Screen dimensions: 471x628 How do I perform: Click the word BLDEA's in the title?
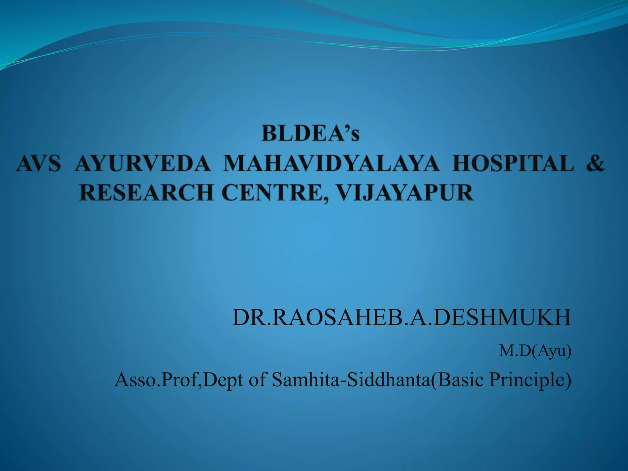pyautogui.click(x=310, y=134)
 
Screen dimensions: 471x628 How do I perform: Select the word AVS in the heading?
pyautogui.click(x=39, y=163)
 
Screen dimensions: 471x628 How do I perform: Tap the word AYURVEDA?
pyautogui.click(x=143, y=163)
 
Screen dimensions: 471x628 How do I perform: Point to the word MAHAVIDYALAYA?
pyautogui.click(x=331, y=163)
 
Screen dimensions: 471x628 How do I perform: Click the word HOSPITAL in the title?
pyautogui.click(x=513, y=163)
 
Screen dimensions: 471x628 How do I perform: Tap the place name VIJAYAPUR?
pyautogui.click(x=404, y=193)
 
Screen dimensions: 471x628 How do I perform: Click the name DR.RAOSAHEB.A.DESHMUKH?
pyautogui.click(x=402, y=318)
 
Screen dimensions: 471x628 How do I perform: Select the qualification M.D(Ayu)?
pyautogui.click(x=535, y=351)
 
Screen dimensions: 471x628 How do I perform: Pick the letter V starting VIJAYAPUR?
pyautogui.click(x=345, y=193)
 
